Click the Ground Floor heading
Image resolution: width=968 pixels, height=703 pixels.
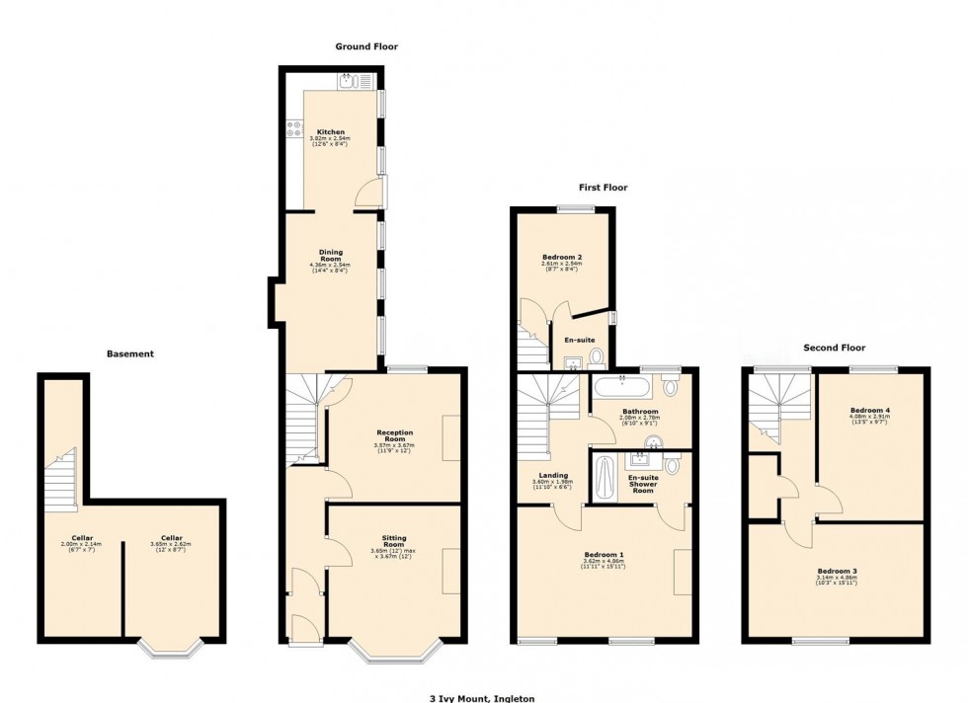coord(366,46)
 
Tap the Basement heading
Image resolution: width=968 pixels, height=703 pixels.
coord(130,353)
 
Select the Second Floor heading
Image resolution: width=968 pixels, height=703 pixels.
coord(834,348)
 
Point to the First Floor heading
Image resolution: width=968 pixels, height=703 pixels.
coord(603,188)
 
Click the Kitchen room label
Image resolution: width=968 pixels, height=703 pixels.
coord(330,131)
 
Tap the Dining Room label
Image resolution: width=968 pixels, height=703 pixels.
coord(330,258)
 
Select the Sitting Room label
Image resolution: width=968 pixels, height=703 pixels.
coord(394,541)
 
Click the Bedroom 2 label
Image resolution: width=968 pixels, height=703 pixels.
coord(561,255)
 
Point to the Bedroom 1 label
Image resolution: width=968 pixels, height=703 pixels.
coord(603,554)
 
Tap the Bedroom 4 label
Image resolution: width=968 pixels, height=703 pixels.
coord(870,409)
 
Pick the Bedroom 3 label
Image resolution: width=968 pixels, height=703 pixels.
coord(837,572)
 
